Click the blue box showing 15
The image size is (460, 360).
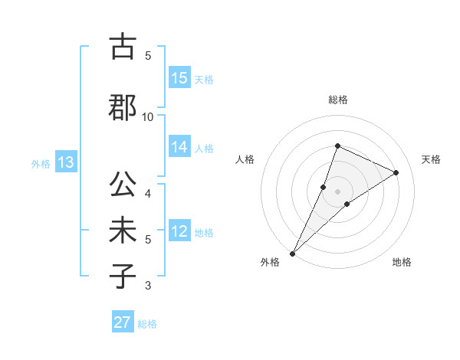tap(179, 78)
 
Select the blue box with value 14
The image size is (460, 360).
tap(179, 147)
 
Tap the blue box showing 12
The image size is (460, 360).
tap(179, 231)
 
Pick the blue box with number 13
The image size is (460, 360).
tap(65, 162)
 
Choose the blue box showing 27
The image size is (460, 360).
tap(123, 322)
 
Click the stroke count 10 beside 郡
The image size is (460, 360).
tap(148, 116)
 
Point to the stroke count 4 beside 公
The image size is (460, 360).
tap(148, 193)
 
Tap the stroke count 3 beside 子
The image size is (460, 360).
tap(148, 286)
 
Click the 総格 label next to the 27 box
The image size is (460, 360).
tap(148, 324)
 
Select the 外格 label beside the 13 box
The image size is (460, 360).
tap(41, 163)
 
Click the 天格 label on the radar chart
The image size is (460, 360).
tap(431, 159)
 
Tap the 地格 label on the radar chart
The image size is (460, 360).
tap(402, 262)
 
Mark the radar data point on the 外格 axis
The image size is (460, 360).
tap(293, 253)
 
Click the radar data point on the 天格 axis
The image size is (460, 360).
tap(396, 172)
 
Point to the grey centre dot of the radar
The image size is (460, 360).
tap(337, 191)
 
